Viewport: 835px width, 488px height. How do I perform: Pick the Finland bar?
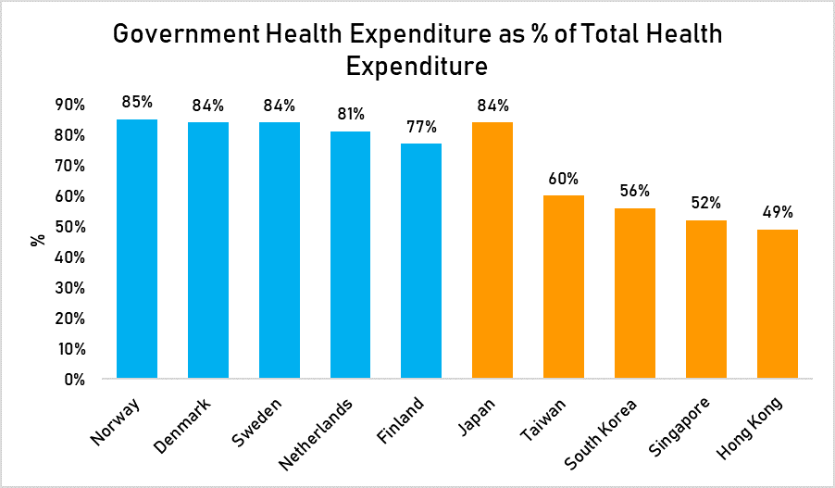point(421,261)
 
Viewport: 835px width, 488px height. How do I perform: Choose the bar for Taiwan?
point(564,287)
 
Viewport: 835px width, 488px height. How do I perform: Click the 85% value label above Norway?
point(137,101)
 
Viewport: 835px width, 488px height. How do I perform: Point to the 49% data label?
point(778,211)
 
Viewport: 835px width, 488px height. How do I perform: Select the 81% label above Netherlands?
point(350,114)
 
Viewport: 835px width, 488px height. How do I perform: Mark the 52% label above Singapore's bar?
point(706,202)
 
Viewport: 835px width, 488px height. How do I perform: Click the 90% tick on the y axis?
point(69,105)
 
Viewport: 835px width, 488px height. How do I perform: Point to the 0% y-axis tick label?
point(73,379)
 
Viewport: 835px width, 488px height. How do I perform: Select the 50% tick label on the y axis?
point(69,227)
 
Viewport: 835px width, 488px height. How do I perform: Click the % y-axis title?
point(38,241)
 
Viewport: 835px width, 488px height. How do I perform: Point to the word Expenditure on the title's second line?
point(417,68)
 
